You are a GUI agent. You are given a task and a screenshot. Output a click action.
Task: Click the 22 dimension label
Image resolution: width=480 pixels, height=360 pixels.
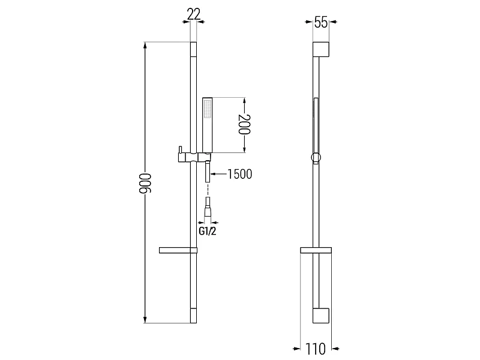[193, 14]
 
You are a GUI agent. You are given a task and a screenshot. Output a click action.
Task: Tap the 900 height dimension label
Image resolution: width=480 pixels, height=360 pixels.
[145, 183]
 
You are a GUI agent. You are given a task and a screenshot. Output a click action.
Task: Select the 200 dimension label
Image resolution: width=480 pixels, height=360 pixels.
[245, 124]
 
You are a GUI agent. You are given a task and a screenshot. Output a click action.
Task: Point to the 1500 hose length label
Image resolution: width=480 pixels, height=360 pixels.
[239, 174]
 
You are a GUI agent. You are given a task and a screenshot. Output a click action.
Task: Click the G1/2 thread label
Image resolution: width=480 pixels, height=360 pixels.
[208, 231]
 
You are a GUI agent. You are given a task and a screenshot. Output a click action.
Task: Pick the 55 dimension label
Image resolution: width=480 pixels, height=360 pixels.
[321, 22]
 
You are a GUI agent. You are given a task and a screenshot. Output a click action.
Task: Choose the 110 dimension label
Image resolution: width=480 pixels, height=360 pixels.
[316, 349]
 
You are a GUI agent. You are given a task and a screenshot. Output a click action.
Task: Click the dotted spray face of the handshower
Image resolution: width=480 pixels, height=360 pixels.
[208, 109]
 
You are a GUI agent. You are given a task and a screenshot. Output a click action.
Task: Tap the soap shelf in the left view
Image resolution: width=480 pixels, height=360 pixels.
[178, 250]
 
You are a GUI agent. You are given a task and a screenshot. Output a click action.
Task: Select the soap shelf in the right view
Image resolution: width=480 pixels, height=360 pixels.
[316, 250]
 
